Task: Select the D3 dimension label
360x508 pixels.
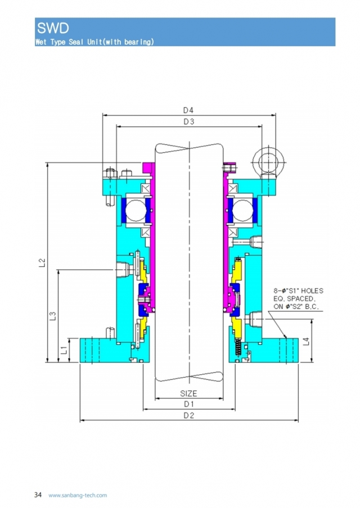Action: click(x=188, y=122)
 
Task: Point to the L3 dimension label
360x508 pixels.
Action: click(x=52, y=316)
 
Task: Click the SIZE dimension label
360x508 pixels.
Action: click(x=188, y=393)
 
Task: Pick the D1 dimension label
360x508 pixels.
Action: click(x=188, y=405)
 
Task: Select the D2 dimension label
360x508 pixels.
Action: click(x=188, y=415)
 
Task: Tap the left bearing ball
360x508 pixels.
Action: click(x=136, y=212)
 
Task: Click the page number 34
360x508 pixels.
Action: click(x=38, y=495)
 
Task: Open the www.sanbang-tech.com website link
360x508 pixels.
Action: click(x=78, y=495)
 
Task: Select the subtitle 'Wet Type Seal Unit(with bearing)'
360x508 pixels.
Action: click(x=94, y=42)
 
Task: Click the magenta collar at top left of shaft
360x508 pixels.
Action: click(x=148, y=168)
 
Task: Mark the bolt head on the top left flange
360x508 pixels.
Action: click(x=110, y=172)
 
